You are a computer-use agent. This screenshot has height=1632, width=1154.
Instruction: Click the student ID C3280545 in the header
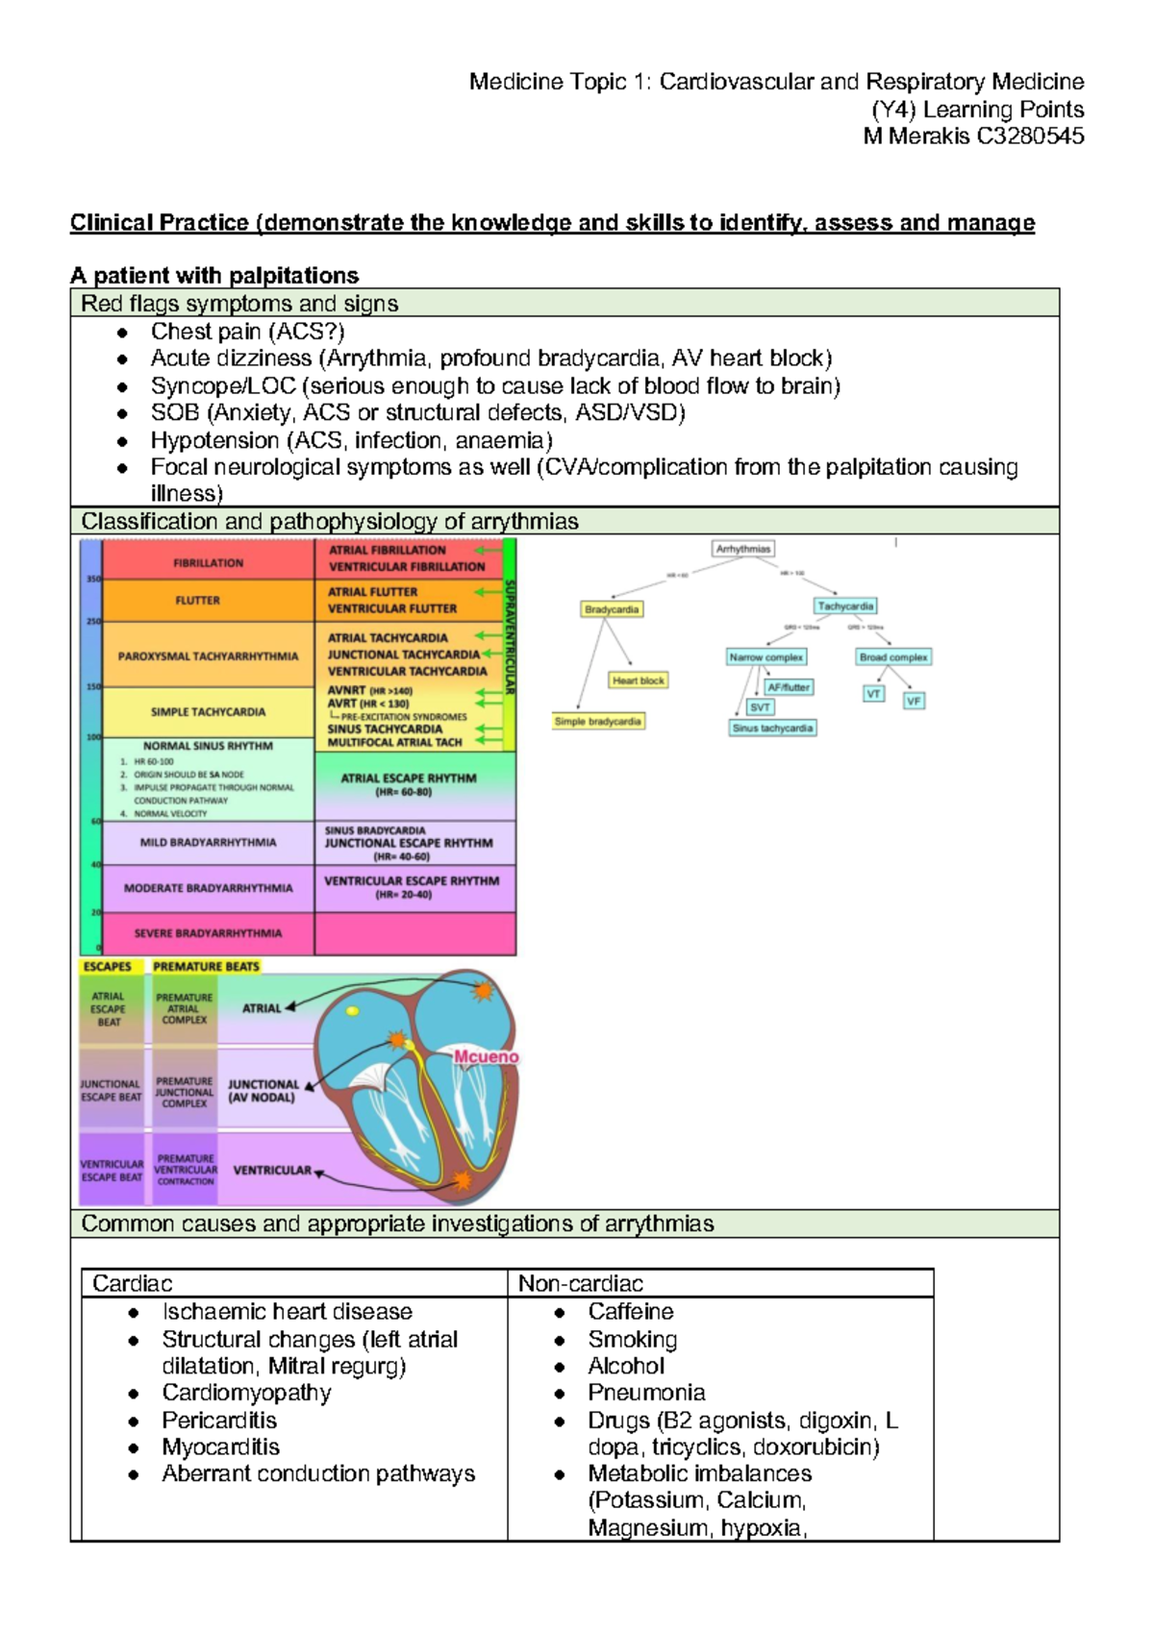click(x=1030, y=136)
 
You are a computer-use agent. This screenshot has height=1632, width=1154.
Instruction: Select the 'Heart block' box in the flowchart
click(x=638, y=680)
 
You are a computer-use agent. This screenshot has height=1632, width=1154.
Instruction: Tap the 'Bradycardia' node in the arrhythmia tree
click(x=612, y=609)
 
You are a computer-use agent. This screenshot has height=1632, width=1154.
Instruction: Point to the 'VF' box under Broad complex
click(x=914, y=702)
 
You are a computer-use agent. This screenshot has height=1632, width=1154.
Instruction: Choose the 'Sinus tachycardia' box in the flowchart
click(x=772, y=729)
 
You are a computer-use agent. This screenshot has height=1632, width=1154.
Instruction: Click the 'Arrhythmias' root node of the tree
click(x=742, y=549)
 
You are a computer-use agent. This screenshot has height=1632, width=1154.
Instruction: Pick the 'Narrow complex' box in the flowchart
click(x=765, y=657)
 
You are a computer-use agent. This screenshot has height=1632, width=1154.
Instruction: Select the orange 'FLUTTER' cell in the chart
click(x=198, y=601)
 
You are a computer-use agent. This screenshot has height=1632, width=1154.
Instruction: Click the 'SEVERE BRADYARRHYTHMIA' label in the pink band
click(x=208, y=933)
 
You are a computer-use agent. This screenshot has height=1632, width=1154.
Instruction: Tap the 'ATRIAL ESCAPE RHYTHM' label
click(x=409, y=779)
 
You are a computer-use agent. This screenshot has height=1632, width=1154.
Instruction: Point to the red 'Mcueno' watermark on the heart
click(x=486, y=1057)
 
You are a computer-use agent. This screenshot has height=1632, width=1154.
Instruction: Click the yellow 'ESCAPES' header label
click(x=108, y=967)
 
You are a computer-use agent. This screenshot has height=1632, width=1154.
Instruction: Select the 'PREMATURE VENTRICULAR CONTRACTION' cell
click(x=186, y=1170)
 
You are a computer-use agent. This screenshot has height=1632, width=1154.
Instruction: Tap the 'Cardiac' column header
click(x=132, y=1284)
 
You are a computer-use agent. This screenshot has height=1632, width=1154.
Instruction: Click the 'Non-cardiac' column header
click(x=580, y=1284)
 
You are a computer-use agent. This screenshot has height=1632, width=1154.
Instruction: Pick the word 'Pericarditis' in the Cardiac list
click(x=218, y=1421)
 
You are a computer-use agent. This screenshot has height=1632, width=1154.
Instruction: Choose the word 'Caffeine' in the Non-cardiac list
click(x=630, y=1312)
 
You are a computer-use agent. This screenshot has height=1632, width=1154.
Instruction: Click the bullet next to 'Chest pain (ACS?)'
click(x=122, y=333)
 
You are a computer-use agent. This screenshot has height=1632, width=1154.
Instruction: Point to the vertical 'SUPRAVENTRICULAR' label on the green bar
click(x=510, y=636)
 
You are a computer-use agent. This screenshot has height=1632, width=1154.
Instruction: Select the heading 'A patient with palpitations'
click(x=214, y=276)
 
